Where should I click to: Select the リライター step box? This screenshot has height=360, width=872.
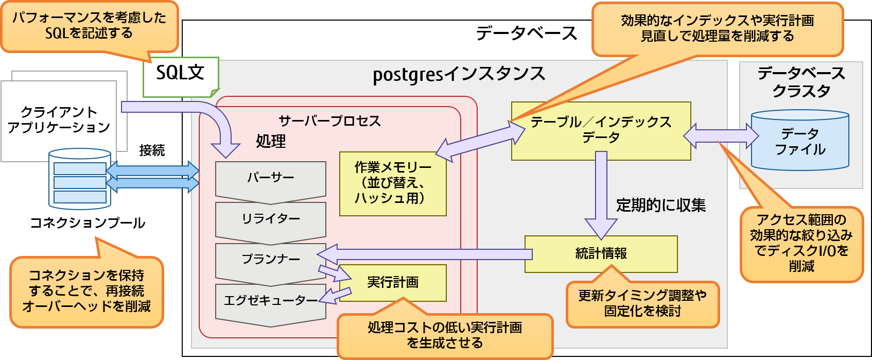pyautogui.click(x=270, y=219)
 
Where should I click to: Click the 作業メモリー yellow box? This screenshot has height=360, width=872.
pyautogui.click(x=392, y=183)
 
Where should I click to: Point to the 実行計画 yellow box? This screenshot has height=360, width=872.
pyautogui.click(x=393, y=283)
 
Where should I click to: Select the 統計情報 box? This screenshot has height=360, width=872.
pyautogui.click(x=601, y=254)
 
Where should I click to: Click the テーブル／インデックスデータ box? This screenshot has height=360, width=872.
pyautogui.click(x=601, y=130)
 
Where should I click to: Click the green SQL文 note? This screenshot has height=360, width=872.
pyautogui.click(x=180, y=76)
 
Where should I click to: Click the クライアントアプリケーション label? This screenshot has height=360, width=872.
pyautogui.click(x=59, y=120)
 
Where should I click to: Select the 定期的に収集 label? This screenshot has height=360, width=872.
pyautogui.click(x=660, y=205)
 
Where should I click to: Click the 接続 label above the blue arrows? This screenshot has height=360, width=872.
pyautogui.click(x=152, y=150)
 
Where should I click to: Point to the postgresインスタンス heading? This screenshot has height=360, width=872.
pyautogui.click(x=458, y=75)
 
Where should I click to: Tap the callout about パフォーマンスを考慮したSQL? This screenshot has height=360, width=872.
pyautogui.click(x=89, y=26)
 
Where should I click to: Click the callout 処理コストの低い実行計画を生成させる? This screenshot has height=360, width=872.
pyautogui.click(x=445, y=335)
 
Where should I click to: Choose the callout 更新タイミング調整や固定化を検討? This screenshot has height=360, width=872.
pyautogui.click(x=642, y=303)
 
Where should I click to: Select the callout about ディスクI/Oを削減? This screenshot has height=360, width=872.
pyautogui.click(x=801, y=243)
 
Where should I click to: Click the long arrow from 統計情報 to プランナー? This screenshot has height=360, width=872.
pyautogui.click(x=427, y=254)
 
